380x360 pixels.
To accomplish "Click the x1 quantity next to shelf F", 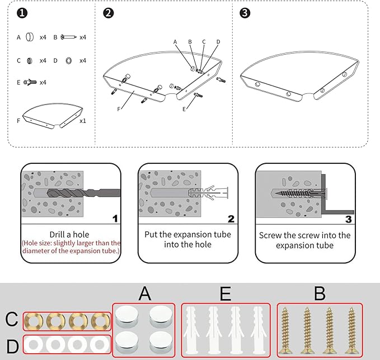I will [x=82, y=120].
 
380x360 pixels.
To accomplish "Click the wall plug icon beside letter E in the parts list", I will [x=30, y=82].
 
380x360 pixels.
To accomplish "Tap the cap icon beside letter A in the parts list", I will [x=30, y=37].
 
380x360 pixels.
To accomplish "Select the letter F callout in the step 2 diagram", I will [x=119, y=110].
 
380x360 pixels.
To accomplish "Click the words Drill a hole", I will [x=71, y=234].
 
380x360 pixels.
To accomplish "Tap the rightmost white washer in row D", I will [x=99, y=344].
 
